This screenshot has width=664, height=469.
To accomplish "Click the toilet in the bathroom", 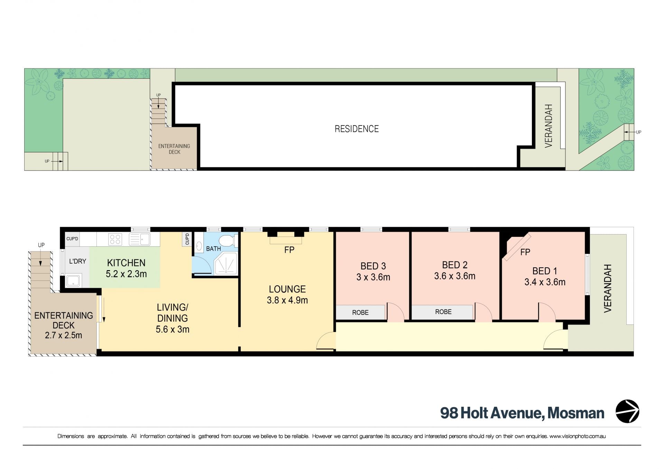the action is coord(228,240).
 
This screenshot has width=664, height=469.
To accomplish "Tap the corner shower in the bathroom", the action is coord(226,263).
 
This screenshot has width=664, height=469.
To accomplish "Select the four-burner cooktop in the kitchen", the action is coord(115,239).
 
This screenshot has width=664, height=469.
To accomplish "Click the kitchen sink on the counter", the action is coord(139,239).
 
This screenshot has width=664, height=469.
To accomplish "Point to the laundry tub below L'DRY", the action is coord(73,281).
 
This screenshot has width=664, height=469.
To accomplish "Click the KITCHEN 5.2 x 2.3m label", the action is coord(126,268).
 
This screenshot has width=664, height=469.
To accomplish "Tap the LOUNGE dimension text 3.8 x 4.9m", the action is coord(287,300).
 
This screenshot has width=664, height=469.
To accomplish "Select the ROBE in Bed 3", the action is coord(360,312).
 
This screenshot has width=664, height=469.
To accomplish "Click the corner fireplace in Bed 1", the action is coord(516,246).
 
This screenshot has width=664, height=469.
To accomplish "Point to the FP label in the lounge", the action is coord(289,250).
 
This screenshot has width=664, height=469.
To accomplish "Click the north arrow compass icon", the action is coord(627,411).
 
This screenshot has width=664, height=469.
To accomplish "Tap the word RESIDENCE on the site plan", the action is coord(357,129).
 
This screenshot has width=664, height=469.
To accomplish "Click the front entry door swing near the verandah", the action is coord(555,339).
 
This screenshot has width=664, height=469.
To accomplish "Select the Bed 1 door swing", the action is coord(547,312).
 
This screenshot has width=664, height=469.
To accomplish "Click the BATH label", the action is coord(213,249).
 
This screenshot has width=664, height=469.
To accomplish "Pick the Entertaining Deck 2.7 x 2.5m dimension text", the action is coord(64,335).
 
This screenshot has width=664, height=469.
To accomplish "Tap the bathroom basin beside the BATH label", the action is coord(199,246).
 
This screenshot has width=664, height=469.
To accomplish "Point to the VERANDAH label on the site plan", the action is coord(548,126).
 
